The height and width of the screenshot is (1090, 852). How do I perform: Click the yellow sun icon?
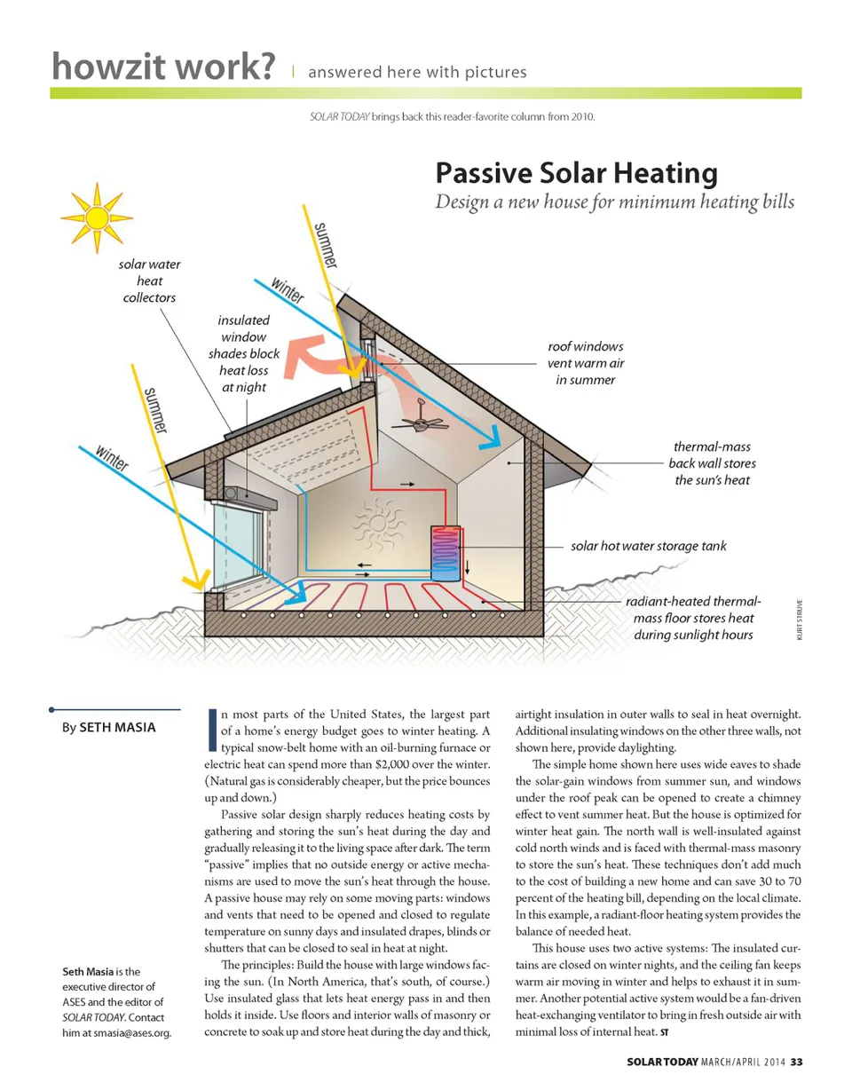pos(96,217)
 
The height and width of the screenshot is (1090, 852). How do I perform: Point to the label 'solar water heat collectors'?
pos(149,280)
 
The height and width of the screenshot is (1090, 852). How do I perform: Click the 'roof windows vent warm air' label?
pos(585,362)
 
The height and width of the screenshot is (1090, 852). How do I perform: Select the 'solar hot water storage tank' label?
pos(648,545)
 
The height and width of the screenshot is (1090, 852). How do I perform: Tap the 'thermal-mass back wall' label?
pos(714,463)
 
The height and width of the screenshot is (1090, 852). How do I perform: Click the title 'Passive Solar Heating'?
pos(576,172)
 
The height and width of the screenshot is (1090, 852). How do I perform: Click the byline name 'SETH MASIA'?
pos(117,728)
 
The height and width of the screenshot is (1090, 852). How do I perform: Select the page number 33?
pos(796,1062)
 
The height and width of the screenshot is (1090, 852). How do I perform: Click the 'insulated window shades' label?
pos(244,353)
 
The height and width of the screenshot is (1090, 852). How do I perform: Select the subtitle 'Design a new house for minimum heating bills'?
pos(614,202)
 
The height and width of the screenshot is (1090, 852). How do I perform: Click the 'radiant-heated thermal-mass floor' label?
pos(693,618)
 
